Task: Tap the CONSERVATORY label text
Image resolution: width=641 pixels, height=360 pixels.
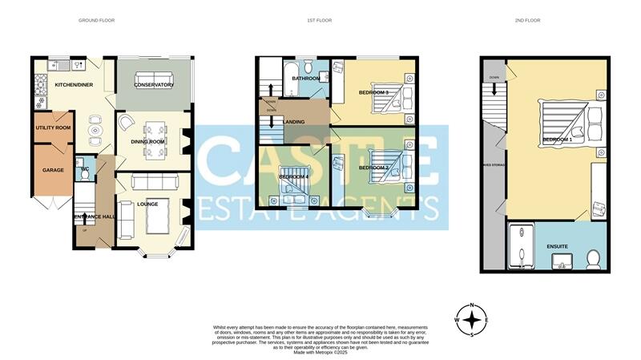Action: [154, 84]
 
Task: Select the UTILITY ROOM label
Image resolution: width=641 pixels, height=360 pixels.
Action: [53, 127]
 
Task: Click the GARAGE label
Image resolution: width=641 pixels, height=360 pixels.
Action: [53, 170]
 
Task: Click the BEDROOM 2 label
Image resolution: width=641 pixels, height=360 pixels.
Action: [373, 168]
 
